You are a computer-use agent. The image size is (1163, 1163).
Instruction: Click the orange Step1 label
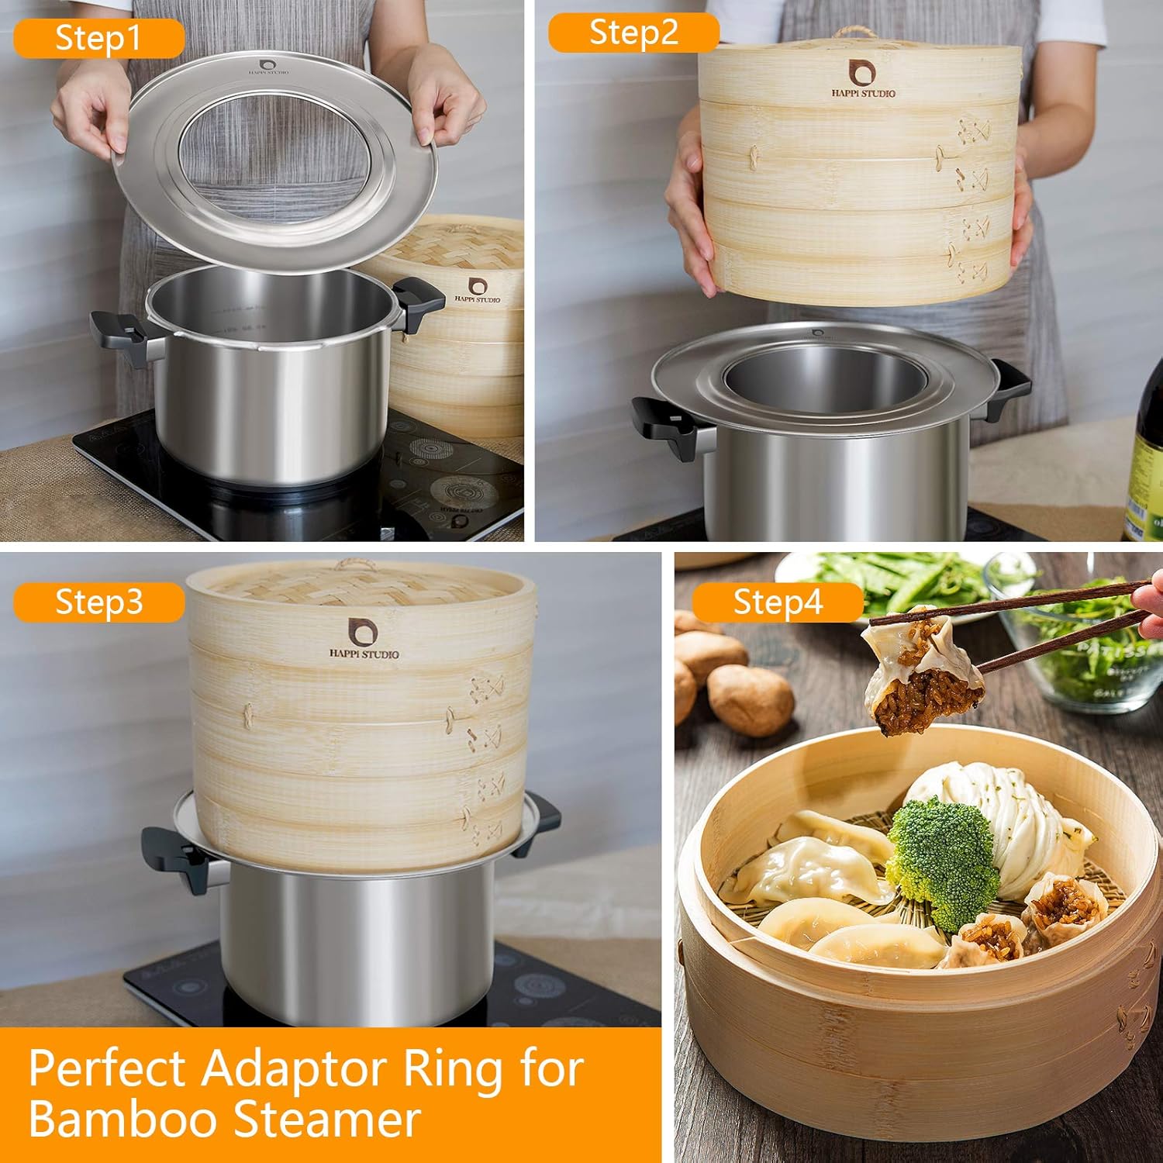98,38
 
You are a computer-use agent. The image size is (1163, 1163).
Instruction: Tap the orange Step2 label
633,33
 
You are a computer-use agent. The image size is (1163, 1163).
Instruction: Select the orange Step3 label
98,602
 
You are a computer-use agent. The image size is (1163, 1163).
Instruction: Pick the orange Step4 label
778,602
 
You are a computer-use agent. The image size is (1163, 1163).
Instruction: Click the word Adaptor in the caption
295,1069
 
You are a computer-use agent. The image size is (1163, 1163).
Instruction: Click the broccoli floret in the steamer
942,861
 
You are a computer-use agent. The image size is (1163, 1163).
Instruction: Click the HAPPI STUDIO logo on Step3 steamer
364,640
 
